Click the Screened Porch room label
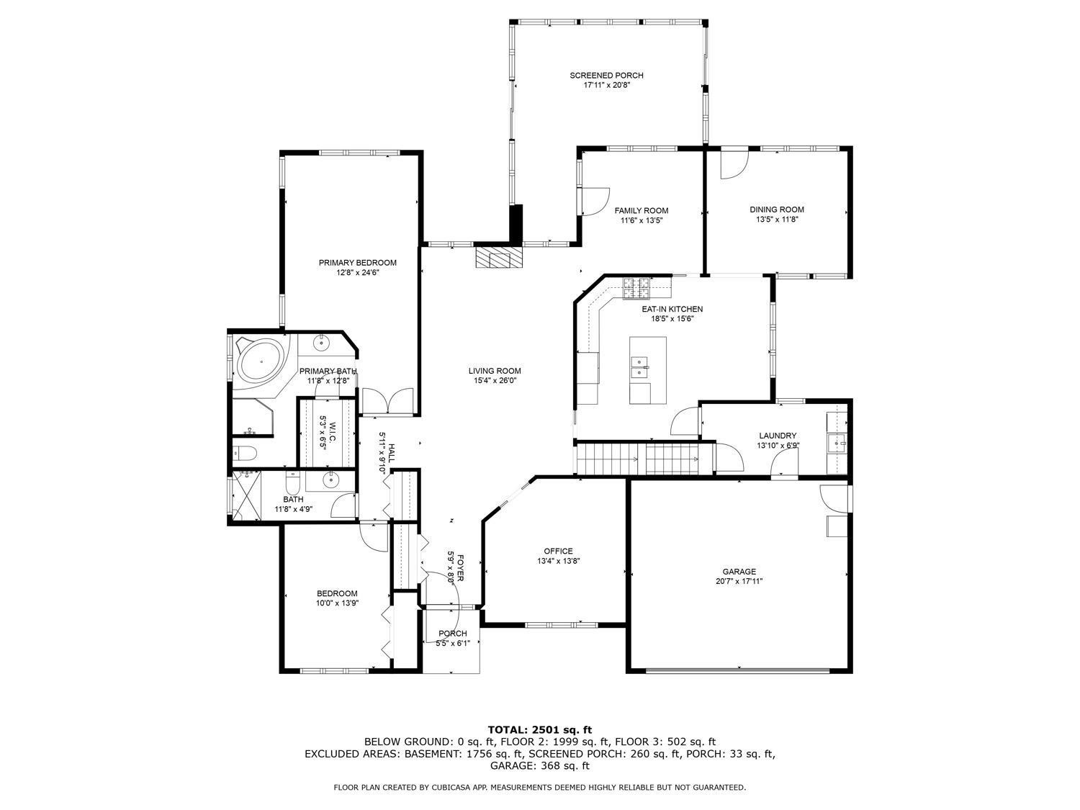tap(606, 76)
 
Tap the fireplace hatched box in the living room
tap(498, 256)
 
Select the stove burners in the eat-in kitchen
tap(636, 288)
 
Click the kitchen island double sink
tap(639, 367)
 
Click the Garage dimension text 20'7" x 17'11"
tap(739, 581)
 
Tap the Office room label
tap(558, 551)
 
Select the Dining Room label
tap(776, 210)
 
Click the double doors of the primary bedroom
tap(387, 401)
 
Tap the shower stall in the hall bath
tap(246, 495)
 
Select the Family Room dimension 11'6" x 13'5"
tap(641, 220)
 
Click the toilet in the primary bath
tap(243, 452)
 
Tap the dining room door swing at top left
tap(734, 163)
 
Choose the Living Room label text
tap(495, 371)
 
